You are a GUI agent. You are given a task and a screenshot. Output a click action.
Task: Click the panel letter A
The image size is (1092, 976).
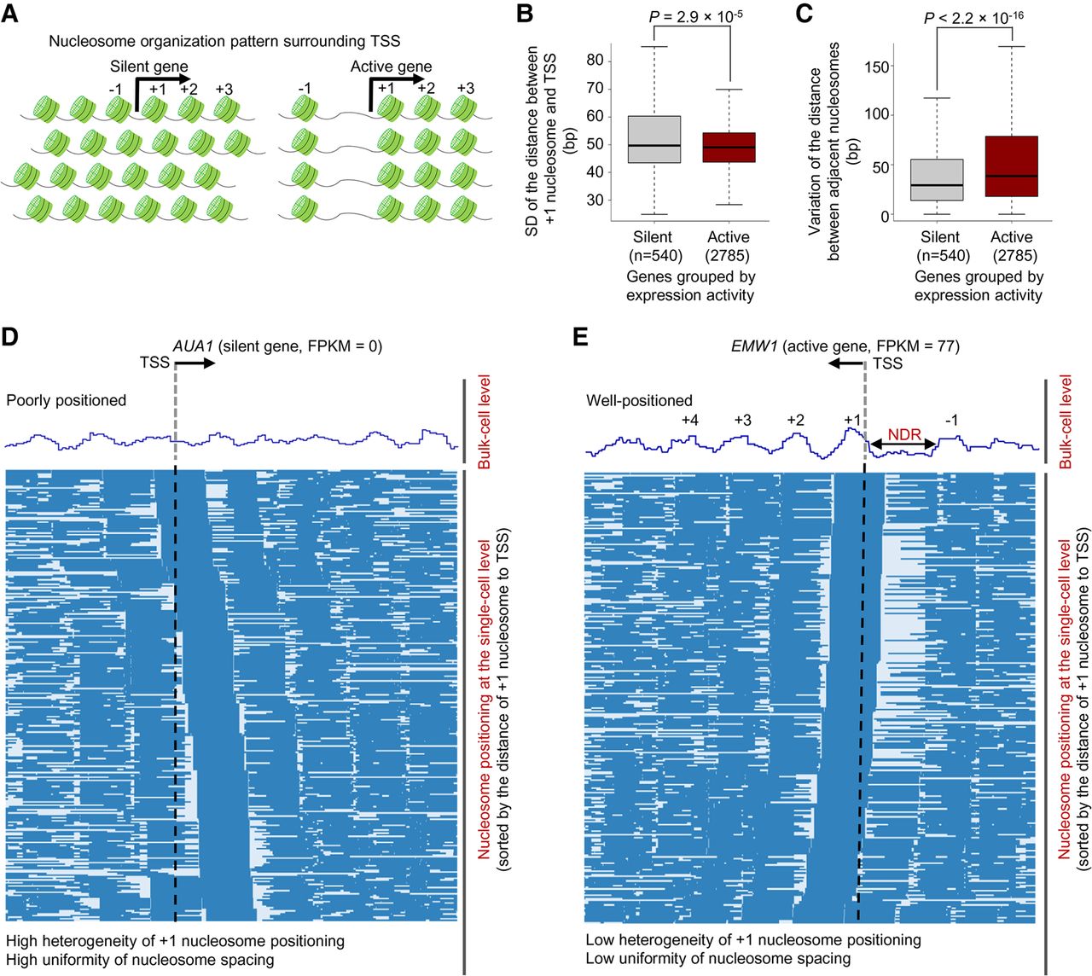click(9, 14)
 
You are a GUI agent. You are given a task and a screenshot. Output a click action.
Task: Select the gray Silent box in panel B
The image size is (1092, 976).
click(654, 139)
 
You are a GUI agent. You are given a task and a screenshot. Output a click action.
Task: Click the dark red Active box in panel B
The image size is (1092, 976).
click(729, 147)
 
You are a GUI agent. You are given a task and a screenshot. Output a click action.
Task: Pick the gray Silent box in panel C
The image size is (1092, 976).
click(939, 179)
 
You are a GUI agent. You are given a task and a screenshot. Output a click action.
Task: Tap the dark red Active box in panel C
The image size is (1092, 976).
click(1011, 166)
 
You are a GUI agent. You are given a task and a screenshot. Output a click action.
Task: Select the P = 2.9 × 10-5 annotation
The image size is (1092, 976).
click(695, 16)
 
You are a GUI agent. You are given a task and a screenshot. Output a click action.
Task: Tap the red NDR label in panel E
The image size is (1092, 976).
click(904, 433)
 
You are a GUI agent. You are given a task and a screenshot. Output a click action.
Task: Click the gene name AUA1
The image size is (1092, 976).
click(193, 346)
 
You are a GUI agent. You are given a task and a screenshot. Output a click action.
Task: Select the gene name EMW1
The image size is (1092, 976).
click(754, 346)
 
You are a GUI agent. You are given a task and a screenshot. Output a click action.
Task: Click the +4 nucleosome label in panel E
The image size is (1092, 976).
click(690, 420)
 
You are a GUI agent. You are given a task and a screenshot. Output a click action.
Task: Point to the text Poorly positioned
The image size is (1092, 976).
click(67, 400)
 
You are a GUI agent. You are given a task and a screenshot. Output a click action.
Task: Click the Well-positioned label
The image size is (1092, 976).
click(639, 400)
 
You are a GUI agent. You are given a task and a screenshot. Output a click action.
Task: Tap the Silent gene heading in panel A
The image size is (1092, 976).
click(149, 67)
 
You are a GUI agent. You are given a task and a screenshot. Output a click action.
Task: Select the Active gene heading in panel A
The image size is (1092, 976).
click(392, 67)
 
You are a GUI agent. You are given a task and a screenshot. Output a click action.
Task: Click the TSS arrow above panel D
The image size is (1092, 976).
click(195, 363)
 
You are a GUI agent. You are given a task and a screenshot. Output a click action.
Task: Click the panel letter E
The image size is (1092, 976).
click(580, 337)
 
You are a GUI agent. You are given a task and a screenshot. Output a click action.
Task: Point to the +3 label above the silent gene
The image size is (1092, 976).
click(224, 89)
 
